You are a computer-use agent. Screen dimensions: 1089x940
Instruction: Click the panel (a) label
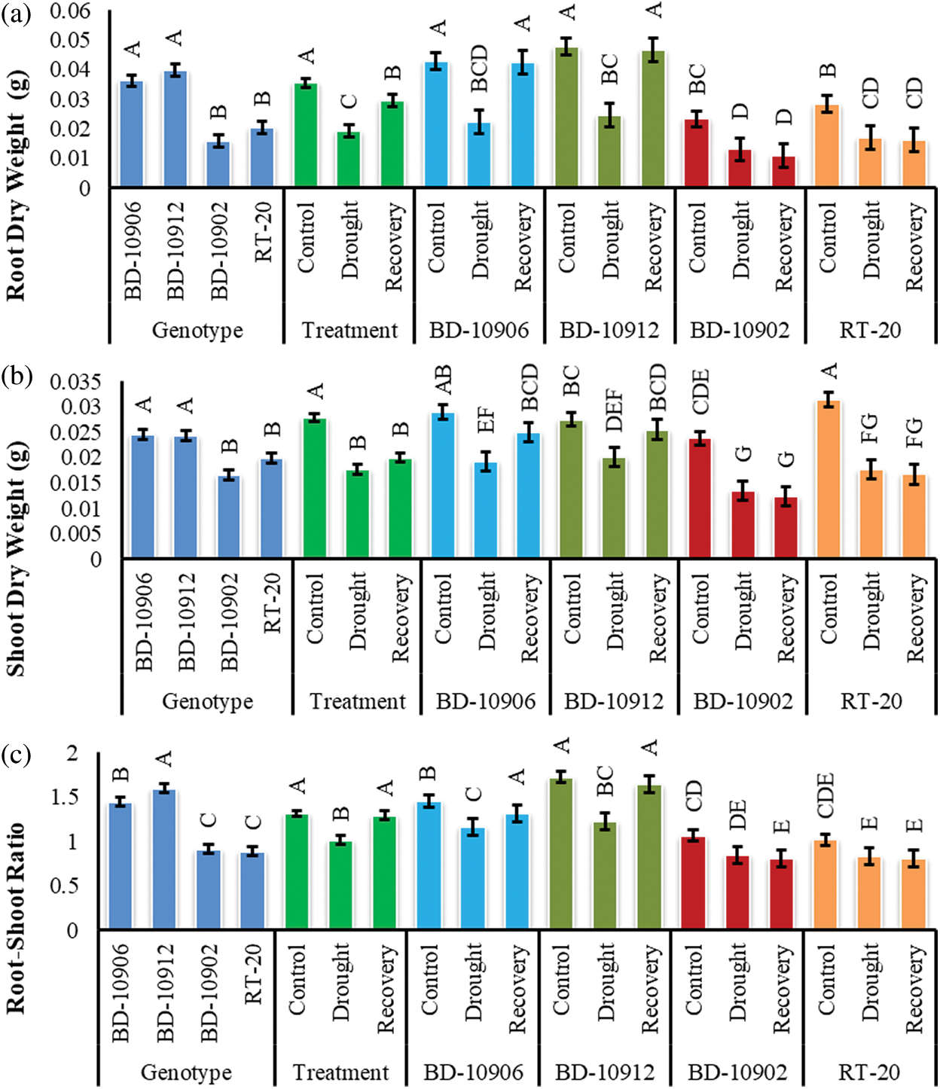(16, 13)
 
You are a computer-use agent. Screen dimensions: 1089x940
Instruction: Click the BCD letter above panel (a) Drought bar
(479, 69)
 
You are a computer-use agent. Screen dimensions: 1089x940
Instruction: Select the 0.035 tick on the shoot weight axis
(75, 382)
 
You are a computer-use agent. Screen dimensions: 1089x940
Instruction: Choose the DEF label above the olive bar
(614, 410)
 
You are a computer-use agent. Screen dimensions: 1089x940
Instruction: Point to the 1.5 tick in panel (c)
(63, 798)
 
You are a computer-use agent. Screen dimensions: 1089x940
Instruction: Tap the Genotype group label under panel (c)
(186, 1072)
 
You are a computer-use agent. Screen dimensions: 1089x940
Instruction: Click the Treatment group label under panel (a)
(349, 330)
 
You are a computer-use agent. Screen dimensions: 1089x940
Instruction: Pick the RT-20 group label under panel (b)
(871, 701)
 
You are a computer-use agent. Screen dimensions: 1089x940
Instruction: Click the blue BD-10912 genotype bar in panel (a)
(175, 130)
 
